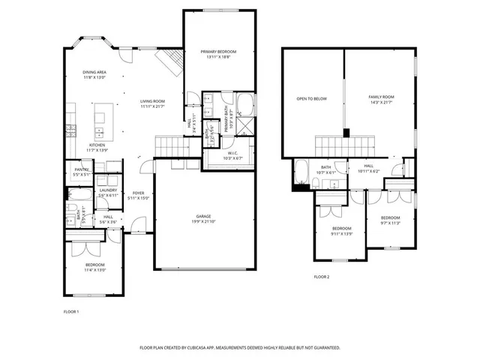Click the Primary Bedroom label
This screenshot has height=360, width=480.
[x=218, y=52]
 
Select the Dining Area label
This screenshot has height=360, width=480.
[x=94, y=73]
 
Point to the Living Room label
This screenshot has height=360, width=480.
[x=152, y=101]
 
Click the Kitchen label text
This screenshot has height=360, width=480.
[x=97, y=145]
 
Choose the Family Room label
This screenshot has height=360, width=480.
[x=380, y=97]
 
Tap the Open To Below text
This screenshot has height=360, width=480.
[x=311, y=98]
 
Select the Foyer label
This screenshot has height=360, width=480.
[x=139, y=193]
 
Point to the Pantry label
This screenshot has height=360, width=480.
[x=82, y=169]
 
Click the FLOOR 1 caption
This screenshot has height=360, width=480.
[x=71, y=311]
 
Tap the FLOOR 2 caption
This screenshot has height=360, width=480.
[x=322, y=277]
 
